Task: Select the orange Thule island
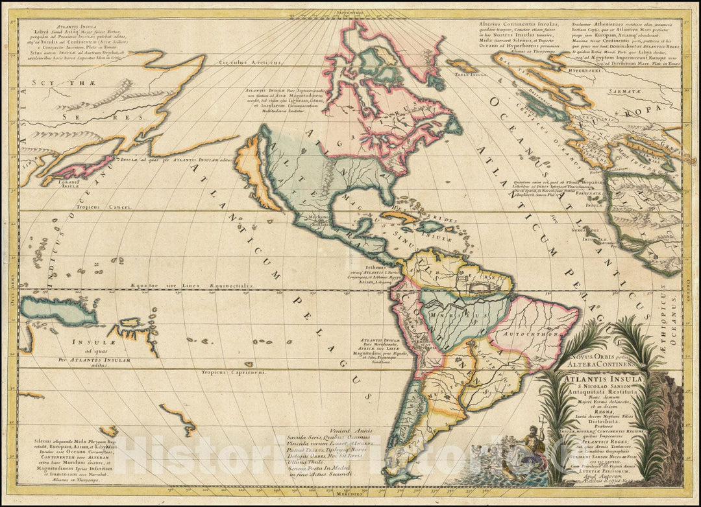461,65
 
